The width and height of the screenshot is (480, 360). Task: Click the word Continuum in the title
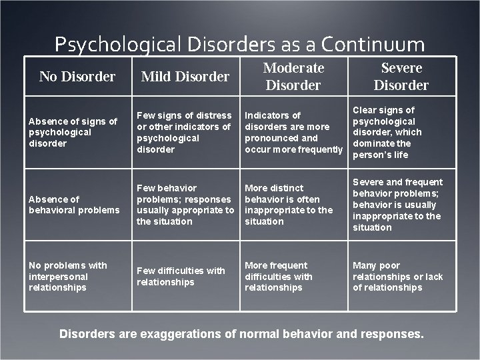click(373, 45)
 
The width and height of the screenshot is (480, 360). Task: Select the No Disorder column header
click(77, 77)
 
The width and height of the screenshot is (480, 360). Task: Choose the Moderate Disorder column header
click(293, 76)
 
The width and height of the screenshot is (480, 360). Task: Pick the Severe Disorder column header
click(401, 76)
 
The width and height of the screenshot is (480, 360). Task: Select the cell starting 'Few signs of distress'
click(185, 132)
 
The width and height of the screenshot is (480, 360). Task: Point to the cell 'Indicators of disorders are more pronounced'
click(293, 132)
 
